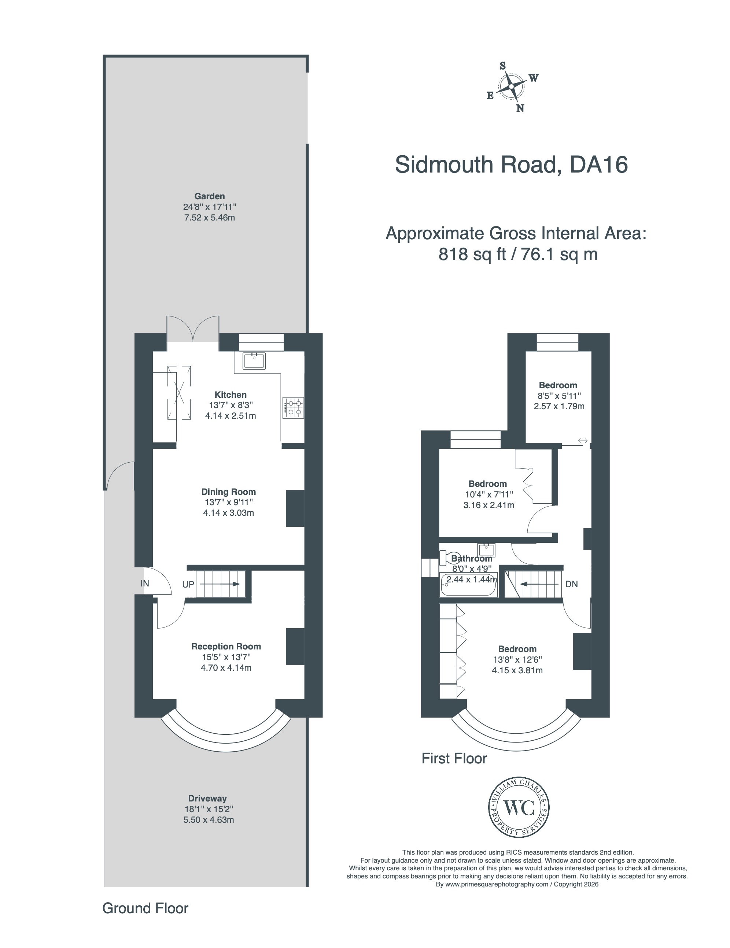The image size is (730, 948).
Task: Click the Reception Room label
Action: (x=226, y=646)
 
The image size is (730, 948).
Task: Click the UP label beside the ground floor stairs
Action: (x=188, y=584)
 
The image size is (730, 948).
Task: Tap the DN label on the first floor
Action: (x=571, y=584)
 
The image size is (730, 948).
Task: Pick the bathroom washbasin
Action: (x=486, y=550)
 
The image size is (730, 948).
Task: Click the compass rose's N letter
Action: (x=520, y=108)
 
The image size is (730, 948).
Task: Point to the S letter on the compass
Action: (x=503, y=66)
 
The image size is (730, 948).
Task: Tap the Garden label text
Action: (x=209, y=196)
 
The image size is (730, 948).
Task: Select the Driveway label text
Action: (x=207, y=798)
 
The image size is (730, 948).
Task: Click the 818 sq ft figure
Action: (x=472, y=254)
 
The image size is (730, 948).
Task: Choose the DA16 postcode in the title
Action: (x=598, y=165)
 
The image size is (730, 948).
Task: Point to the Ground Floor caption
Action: (x=145, y=908)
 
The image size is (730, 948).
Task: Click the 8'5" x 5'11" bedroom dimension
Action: (x=559, y=396)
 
